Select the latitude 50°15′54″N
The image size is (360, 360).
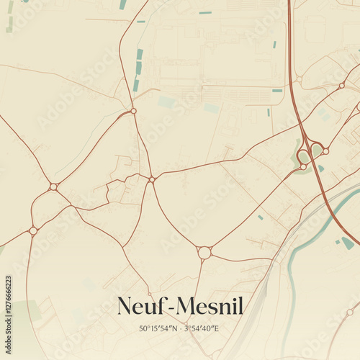(x=158, y=328)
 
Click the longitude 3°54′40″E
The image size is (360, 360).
(x=202, y=328)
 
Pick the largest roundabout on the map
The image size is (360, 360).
(x=204, y=253)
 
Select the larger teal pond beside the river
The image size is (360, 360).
(x=348, y=243)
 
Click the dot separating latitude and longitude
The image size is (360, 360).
(x=180, y=329)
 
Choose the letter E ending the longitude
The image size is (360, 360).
(x=216, y=328)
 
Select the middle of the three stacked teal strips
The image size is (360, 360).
(x=138, y=68)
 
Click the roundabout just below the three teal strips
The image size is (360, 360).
(x=133, y=110)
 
